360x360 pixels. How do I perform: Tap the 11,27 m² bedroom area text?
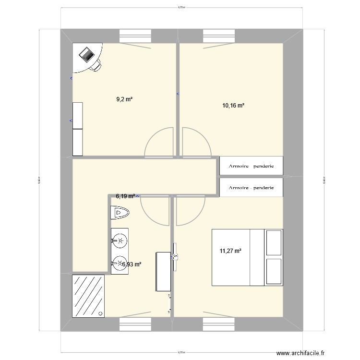[x=230, y=250]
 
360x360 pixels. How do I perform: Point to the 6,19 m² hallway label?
[x=126, y=196]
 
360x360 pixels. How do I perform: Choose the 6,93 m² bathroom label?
[x=132, y=264]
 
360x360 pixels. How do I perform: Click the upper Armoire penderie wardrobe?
[x=251, y=166]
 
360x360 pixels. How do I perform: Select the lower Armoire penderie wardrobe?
[x=251, y=188]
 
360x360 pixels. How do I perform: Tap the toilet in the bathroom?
[x=120, y=212]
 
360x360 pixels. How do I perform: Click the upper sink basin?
[x=120, y=240]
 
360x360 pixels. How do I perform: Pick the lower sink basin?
[x=120, y=263]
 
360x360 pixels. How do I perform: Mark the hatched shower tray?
[x=88, y=296]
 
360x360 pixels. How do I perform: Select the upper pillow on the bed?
[x=274, y=242]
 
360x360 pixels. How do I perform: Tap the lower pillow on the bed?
[x=274, y=271]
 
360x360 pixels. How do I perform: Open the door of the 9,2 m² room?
[x=159, y=142]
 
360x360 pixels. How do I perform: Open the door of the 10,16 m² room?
[x=196, y=142]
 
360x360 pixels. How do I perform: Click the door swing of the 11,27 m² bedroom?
[x=191, y=211]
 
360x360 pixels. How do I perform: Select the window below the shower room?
[x=135, y=324]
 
